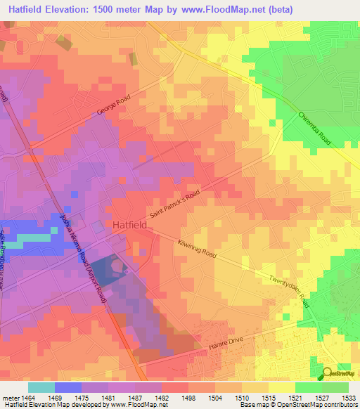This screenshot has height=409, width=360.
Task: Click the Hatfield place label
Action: click(130, 225)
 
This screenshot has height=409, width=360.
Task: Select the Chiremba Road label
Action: click(314, 129)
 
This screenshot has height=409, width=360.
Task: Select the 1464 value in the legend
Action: click(28, 398)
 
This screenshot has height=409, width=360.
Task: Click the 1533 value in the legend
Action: click(349, 398)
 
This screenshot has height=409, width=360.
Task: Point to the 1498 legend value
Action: click(188, 398)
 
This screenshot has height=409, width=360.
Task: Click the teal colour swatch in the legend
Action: click(41, 387)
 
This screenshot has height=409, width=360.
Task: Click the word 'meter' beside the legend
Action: click(9, 398)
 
